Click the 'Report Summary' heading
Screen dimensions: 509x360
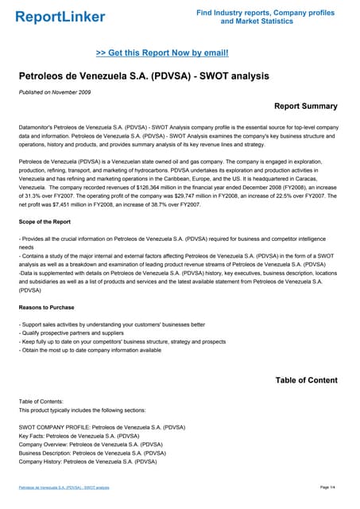305,106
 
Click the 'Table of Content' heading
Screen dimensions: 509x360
306,380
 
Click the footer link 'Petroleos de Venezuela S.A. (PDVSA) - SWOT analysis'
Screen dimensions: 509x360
64,487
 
